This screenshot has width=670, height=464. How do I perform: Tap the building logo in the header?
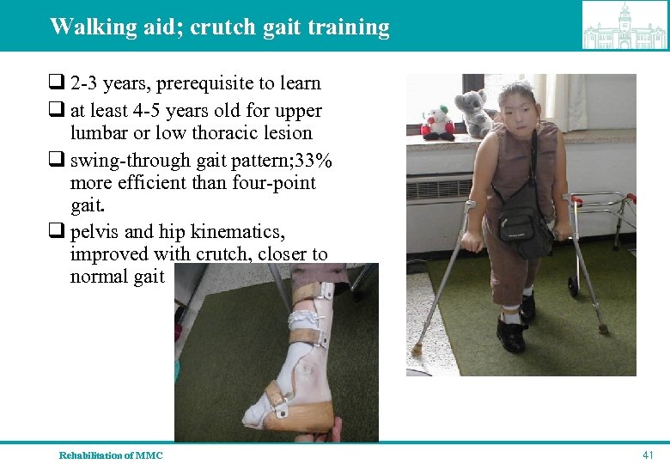click(624, 26)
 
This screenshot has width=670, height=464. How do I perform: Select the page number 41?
click(648, 454)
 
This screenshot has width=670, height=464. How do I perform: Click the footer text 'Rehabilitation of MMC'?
click(111, 455)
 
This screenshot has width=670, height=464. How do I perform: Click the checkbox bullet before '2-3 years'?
click(56, 84)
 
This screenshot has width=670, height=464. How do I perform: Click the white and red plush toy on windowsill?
click(438, 120)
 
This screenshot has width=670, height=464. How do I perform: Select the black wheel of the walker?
click(573, 286)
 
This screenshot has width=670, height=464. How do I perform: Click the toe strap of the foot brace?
click(274, 397)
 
